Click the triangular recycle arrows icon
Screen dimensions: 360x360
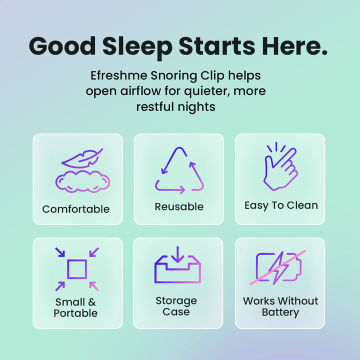click(x=179, y=170)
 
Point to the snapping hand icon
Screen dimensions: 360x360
click(x=280, y=167)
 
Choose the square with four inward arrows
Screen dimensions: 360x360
click(x=77, y=269)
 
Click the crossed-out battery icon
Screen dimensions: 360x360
click(x=279, y=268)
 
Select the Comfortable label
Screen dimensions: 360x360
click(x=76, y=209)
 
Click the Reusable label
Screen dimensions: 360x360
click(x=179, y=206)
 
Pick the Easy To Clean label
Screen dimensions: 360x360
click(x=281, y=205)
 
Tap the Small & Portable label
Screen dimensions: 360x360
click(x=75, y=307)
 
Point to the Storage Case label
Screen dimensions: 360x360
click(x=176, y=306)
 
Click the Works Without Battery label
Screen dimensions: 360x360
click(x=280, y=306)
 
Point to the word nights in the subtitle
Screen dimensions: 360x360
click(x=198, y=107)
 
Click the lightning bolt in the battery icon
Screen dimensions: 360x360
click(x=278, y=267)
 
